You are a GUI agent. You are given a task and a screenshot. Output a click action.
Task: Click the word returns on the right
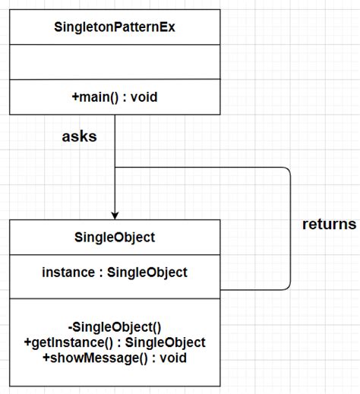(x=328, y=224)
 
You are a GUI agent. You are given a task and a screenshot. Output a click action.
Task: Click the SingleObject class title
(x=114, y=238)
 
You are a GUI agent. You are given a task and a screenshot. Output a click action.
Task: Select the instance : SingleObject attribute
(x=114, y=272)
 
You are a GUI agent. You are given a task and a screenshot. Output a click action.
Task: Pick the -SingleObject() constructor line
(x=114, y=328)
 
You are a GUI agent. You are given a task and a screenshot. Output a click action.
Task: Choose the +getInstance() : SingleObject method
(x=114, y=343)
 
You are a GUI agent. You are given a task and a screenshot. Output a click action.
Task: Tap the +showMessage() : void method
(x=114, y=358)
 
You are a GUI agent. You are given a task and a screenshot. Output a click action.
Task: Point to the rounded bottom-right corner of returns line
(x=287, y=286)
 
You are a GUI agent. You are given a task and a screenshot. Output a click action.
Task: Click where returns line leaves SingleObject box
(x=222, y=289)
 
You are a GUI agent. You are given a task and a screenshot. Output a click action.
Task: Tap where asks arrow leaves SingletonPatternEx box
(x=115, y=116)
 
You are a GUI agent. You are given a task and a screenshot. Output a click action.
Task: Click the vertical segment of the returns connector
(x=290, y=228)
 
